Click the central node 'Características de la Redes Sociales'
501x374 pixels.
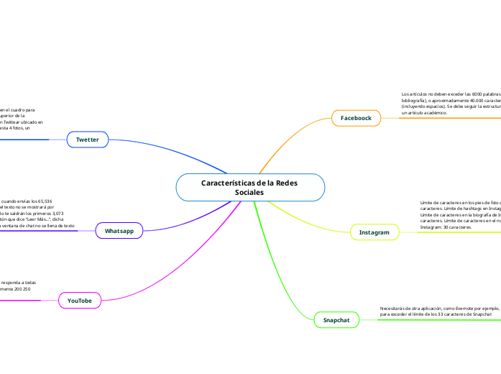click(x=250, y=187)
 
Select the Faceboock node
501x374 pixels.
click(x=355, y=117)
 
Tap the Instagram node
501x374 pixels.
click(x=374, y=232)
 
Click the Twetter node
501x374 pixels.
click(x=87, y=139)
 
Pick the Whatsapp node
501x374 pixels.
click(x=119, y=231)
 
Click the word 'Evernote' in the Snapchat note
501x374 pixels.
click(x=454, y=308)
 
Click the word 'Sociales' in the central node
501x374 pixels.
click(x=249, y=193)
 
